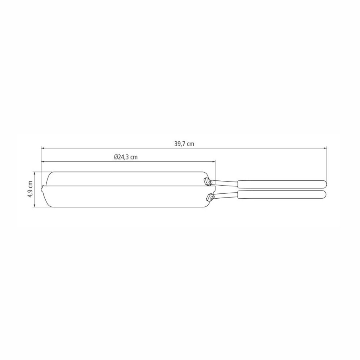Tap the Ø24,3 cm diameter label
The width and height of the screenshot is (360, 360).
point(126,157)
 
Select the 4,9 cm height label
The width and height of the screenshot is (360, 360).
point(30,189)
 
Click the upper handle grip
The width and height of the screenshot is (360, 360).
point(281,184)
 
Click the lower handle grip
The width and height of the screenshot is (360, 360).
point(281,194)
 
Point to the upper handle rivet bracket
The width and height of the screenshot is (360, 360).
point(207,181)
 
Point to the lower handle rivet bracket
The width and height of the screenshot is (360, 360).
point(210,197)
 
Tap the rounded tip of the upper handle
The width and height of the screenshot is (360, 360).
point(324,184)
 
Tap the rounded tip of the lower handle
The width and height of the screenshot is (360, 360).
point(324,194)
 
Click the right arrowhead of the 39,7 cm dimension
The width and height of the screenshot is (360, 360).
point(326,148)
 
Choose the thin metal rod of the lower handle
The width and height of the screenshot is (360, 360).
point(225,194)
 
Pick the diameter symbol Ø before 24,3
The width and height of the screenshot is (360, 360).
point(116,157)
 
